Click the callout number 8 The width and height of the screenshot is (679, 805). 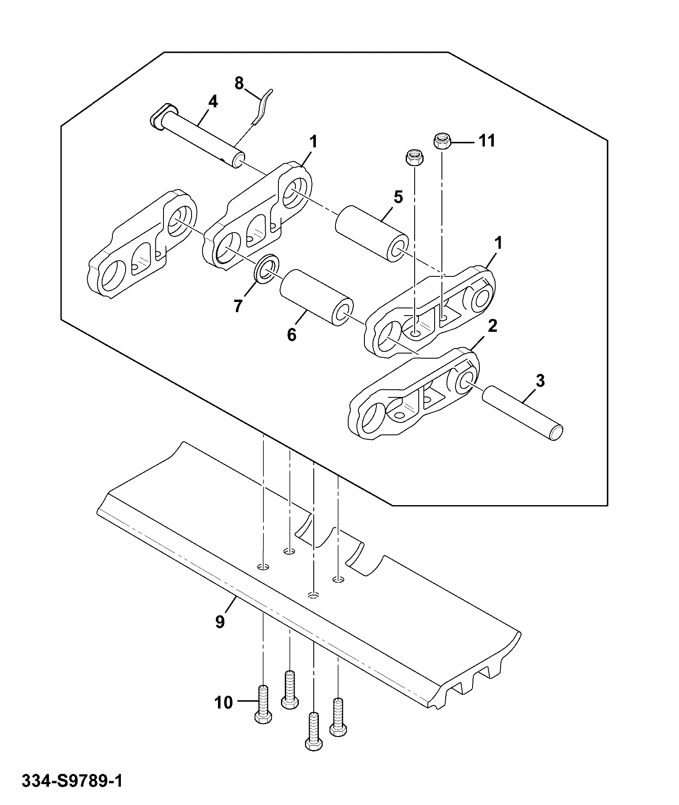tap(239, 83)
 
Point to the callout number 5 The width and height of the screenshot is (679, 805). tap(398, 197)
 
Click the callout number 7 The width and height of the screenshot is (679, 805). tap(238, 305)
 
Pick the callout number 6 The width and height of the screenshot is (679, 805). tap(292, 335)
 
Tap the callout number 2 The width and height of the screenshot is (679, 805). tap(493, 326)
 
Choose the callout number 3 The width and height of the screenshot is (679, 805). tap(540, 380)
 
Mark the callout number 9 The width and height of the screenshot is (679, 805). tap(220, 622)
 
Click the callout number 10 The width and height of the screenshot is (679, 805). tap(224, 702)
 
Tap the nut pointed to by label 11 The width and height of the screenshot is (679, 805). tap(442, 141)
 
